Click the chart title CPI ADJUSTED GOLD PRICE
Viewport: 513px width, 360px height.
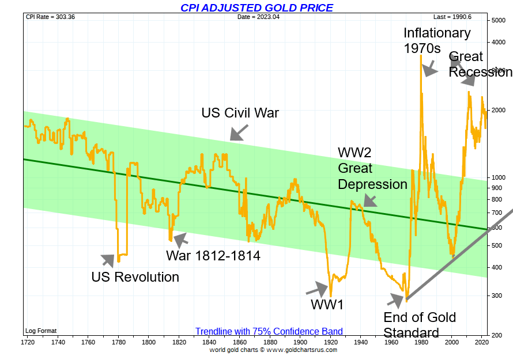256,7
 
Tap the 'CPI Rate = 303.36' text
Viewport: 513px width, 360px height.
51,17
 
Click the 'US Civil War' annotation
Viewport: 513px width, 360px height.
240,112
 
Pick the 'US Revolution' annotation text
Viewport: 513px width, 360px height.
135,277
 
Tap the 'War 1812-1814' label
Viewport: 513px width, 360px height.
213,255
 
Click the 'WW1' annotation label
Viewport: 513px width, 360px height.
327,305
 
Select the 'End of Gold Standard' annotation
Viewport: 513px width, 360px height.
420,325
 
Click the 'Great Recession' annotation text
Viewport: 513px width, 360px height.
480,64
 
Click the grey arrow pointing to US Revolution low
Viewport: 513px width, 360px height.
108,261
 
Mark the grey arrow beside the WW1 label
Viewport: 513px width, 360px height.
316,288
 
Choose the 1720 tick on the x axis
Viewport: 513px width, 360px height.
27,342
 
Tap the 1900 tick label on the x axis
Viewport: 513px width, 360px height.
300,342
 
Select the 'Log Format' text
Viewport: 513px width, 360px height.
40,331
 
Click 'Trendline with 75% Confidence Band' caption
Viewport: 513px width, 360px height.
269,332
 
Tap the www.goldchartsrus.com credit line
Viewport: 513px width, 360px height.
273,350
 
